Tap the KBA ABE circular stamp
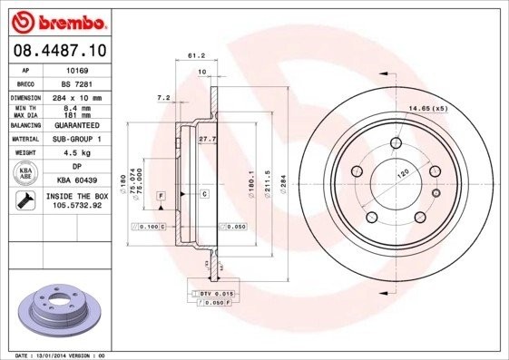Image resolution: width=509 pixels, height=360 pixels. coord(26,174)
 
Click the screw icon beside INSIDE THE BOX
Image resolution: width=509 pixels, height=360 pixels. coord(25,200)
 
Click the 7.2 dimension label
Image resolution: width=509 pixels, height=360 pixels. coord(163,96)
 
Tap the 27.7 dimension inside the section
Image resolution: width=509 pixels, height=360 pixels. coord(206,140)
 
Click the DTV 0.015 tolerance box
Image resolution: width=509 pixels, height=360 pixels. coord(217,295)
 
